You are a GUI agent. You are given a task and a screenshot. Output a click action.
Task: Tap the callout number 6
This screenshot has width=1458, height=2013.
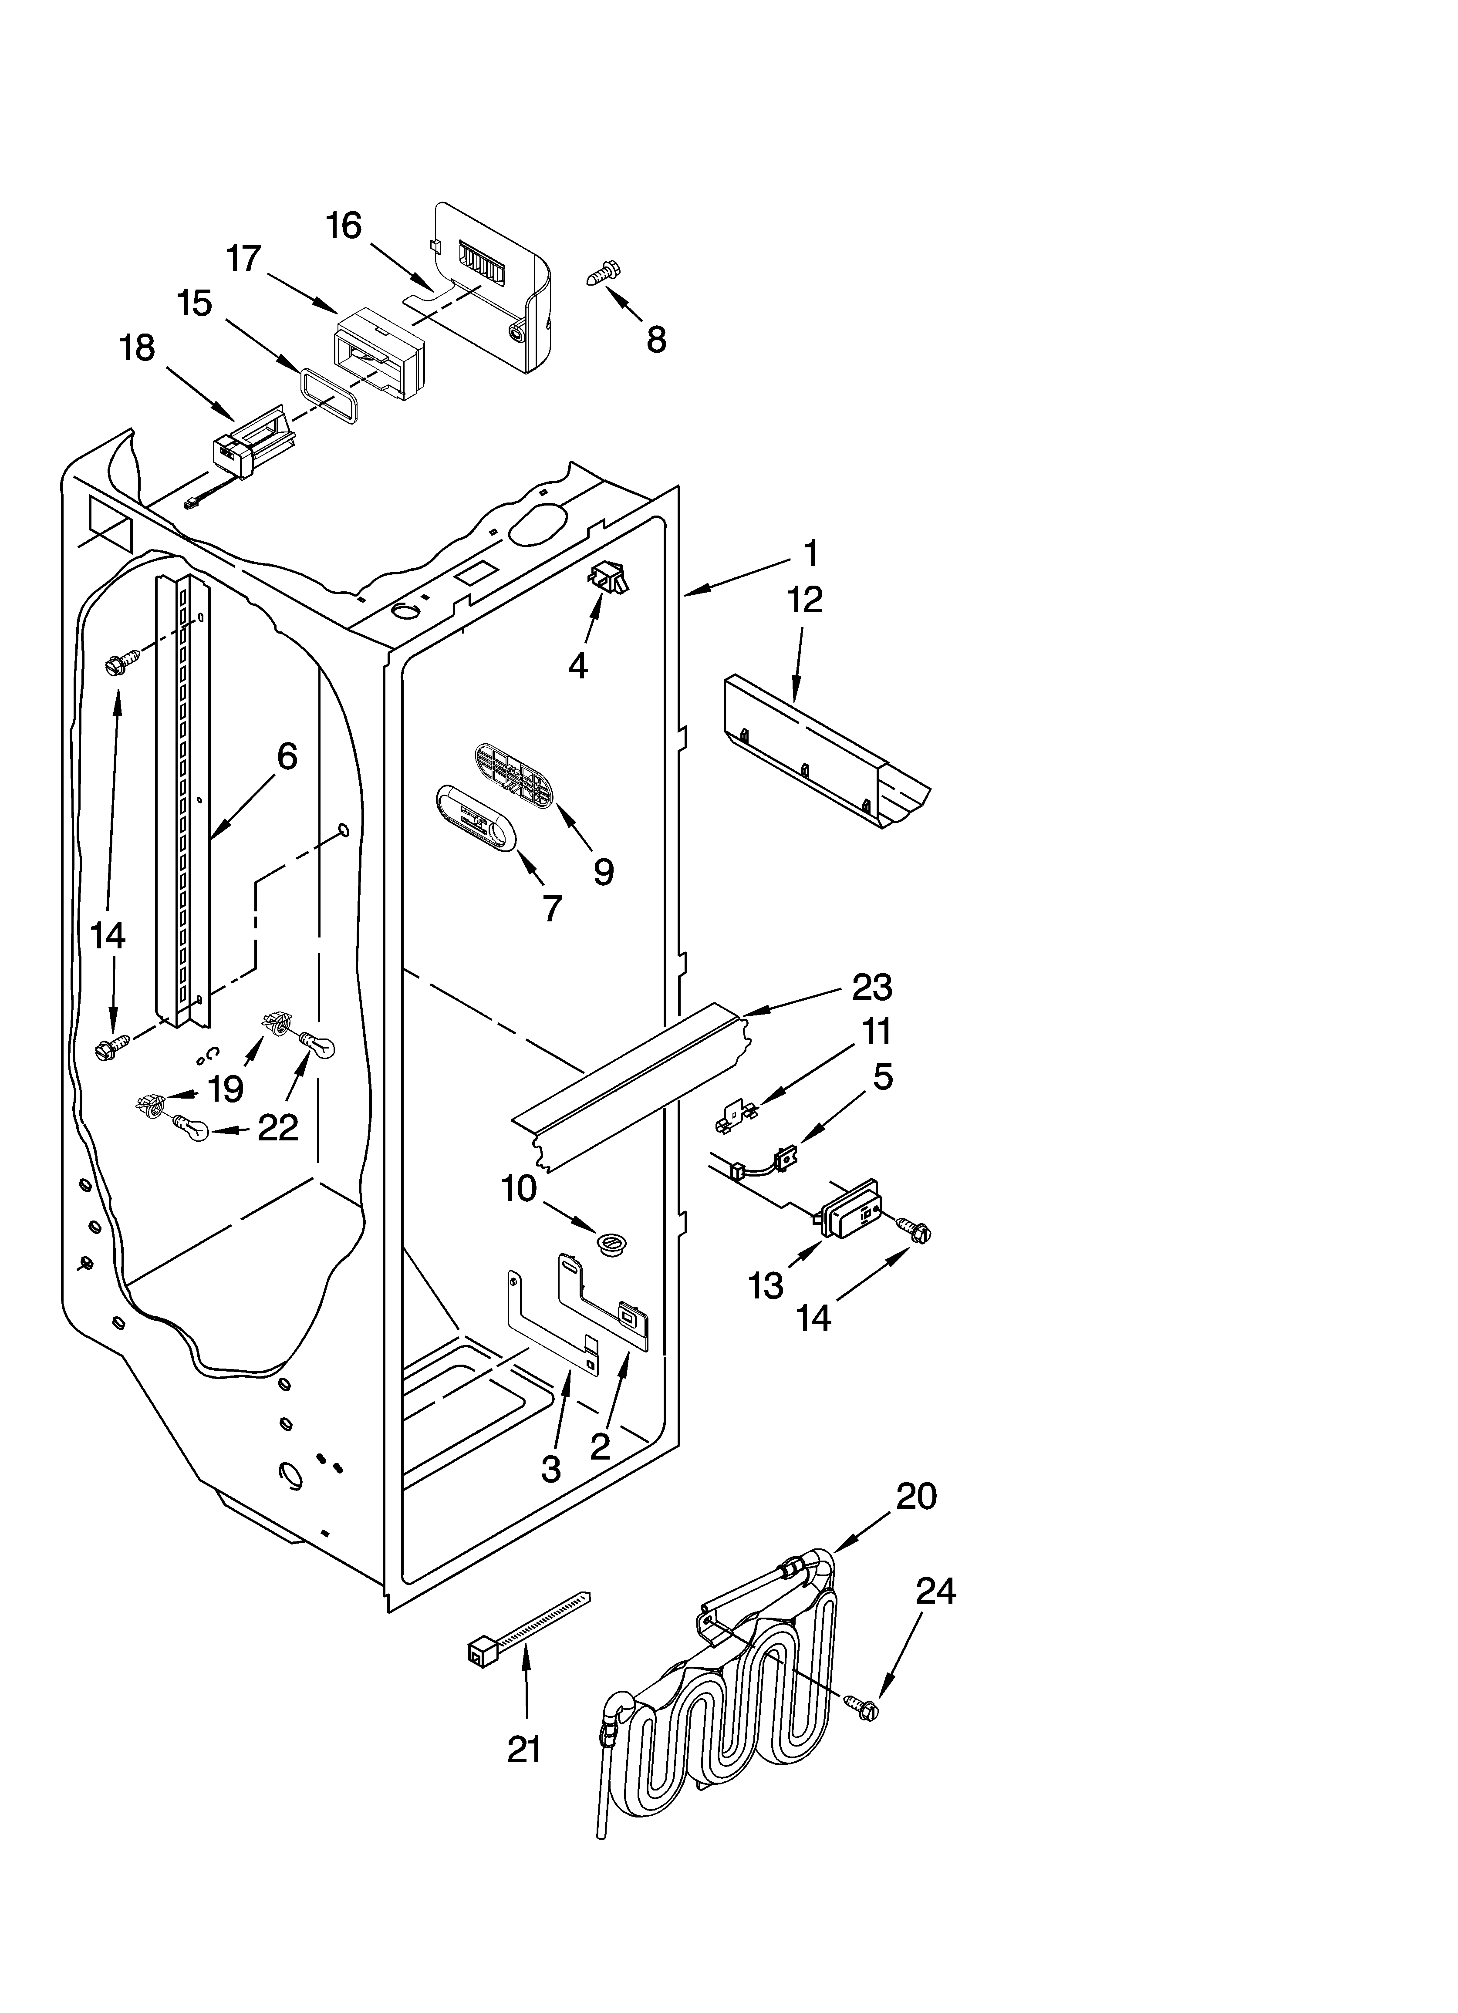(287, 756)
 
